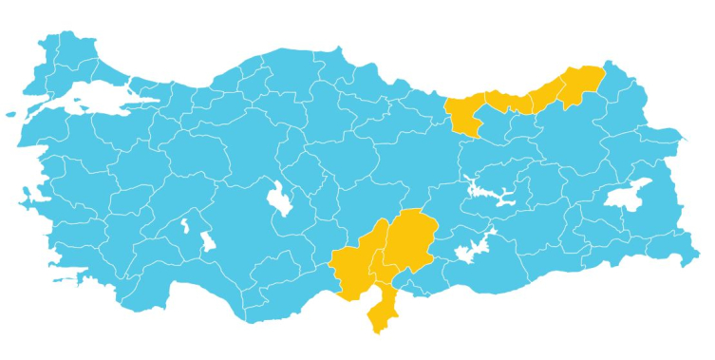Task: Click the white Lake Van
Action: tap(629, 196)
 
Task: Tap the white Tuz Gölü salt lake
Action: tap(278, 199)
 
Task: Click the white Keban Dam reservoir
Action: tap(494, 194)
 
